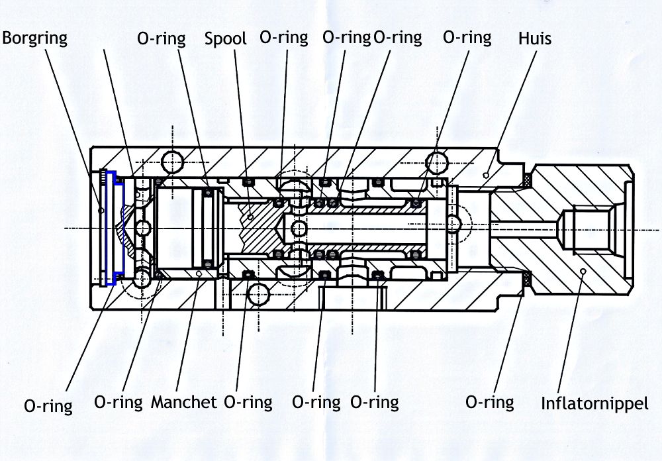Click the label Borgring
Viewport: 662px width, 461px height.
coord(34,38)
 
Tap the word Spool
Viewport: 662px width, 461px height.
coord(225,38)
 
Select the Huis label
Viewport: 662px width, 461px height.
coord(534,39)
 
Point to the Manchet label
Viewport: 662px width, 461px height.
coord(184,402)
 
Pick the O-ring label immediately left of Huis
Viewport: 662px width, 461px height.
coord(467,38)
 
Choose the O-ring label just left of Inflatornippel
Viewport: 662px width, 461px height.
coord(490,402)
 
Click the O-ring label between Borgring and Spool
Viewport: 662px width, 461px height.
coord(162,38)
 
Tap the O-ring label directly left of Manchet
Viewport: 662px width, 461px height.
coord(118,402)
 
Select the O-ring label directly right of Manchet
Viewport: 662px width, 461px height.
coord(248,402)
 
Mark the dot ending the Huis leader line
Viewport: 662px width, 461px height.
coord(487,175)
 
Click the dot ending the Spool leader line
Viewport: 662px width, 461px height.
coord(252,216)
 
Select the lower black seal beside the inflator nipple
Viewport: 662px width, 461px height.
coord(528,280)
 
